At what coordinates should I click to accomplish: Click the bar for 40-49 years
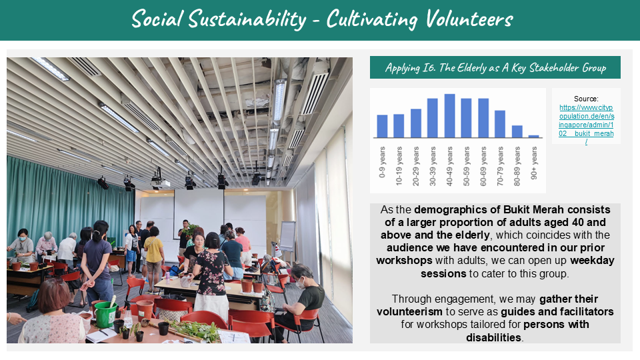tap(449, 116)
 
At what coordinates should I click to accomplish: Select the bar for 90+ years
tap(534, 136)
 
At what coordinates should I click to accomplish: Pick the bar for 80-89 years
tap(517, 131)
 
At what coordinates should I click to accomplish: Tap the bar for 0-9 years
tap(382, 126)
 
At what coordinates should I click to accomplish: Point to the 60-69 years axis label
tap(483, 166)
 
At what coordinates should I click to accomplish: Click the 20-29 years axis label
tap(416, 166)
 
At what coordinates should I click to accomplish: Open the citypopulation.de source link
tap(586, 125)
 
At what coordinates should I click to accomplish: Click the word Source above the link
tap(586, 99)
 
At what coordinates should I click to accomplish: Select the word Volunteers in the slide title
tap(469, 19)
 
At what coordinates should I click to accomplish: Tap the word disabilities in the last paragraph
tap(494, 337)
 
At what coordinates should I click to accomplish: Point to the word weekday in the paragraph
tap(592, 261)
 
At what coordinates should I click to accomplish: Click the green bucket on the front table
tap(106, 314)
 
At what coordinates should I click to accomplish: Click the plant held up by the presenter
tap(191, 229)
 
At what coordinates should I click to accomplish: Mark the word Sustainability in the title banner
tap(247, 19)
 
